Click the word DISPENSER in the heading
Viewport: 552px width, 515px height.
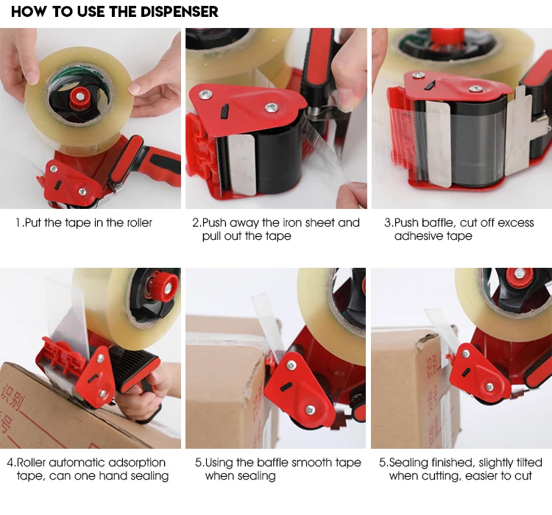tap(179, 12)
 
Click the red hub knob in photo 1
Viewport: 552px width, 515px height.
tap(80, 98)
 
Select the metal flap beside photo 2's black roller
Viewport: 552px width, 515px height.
tap(242, 165)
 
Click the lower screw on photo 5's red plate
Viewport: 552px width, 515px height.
tap(310, 409)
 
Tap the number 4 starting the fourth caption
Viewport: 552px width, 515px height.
tap(10, 462)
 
